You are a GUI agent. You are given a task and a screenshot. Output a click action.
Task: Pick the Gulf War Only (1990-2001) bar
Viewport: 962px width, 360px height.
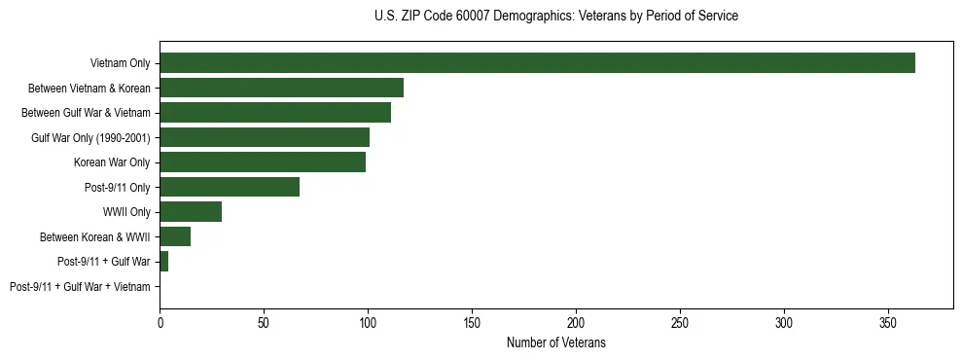pos(265,137)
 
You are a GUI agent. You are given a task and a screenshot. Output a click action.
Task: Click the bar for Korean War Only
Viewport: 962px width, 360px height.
pos(263,162)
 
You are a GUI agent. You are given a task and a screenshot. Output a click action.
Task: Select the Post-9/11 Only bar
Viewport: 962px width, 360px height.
pos(230,187)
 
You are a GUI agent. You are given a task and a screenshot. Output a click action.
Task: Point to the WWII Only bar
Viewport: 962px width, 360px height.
pos(191,212)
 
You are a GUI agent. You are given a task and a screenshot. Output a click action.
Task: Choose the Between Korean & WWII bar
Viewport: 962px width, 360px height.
pos(175,236)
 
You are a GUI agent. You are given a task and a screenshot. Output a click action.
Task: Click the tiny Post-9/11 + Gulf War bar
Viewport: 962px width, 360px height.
pos(163,262)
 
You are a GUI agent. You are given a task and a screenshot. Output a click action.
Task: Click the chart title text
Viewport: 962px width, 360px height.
pos(555,17)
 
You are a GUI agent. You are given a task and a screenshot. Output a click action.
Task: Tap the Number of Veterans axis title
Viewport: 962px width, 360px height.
pos(555,342)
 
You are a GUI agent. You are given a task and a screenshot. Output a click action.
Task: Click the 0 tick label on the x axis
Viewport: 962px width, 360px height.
pos(160,320)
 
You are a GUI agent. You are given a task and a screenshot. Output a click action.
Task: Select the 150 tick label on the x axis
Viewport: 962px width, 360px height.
pos(472,320)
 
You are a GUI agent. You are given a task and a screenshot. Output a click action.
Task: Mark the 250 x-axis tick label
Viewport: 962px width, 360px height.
pos(680,320)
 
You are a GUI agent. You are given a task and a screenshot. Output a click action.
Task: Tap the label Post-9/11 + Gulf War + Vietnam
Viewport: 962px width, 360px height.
pos(80,287)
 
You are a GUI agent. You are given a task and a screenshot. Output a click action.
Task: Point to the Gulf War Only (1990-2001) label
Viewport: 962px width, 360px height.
pos(90,137)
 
